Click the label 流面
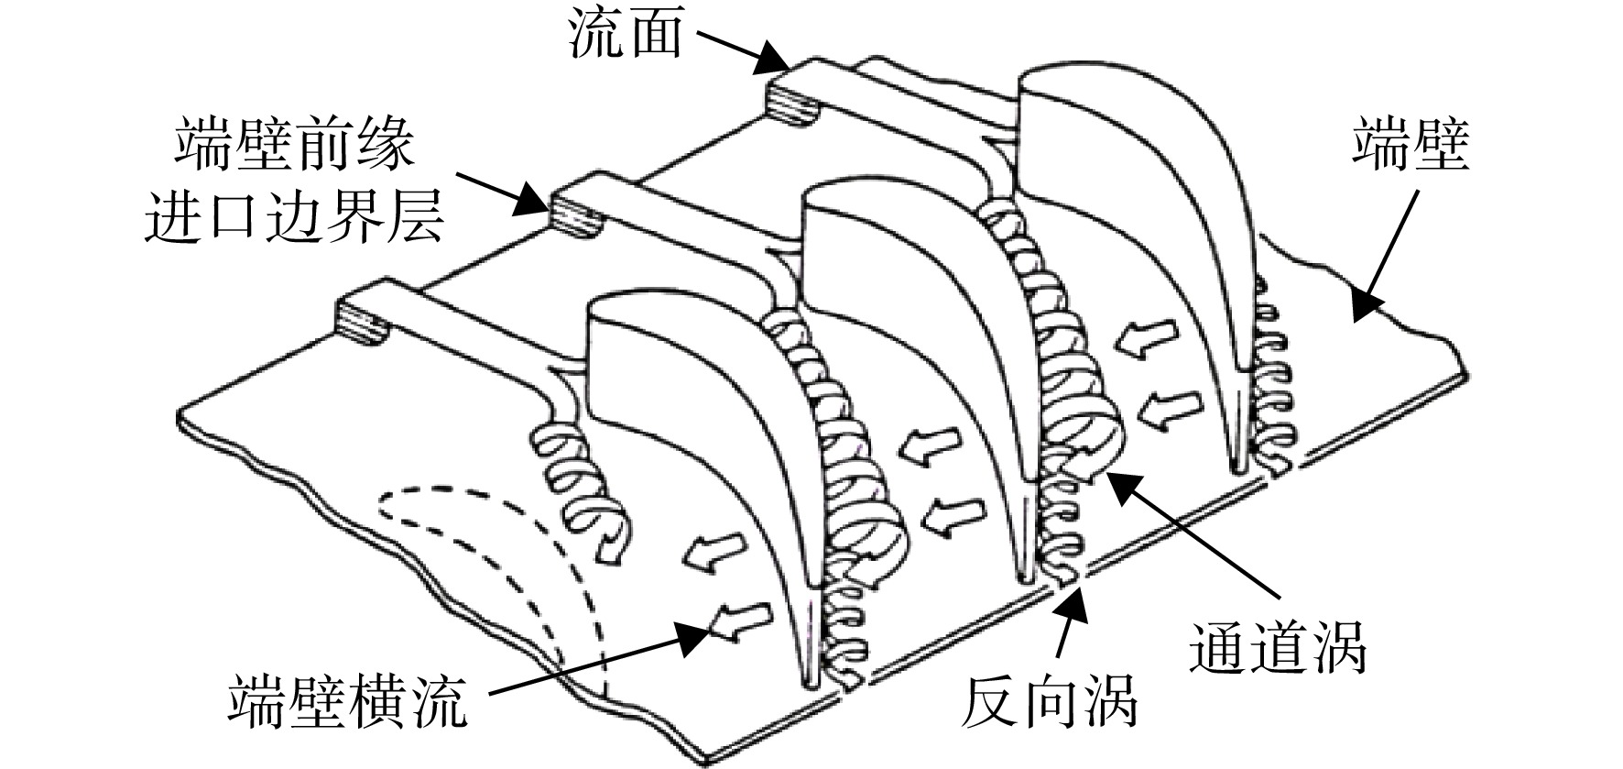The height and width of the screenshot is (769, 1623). pyautogui.click(x=626, y=35)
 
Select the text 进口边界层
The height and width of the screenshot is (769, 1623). pyautogui.click(x=295, y=216)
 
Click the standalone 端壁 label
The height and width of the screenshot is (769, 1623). pyautogui.click(x=1411, y=148)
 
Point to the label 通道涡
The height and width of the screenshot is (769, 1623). pyautogui.click(x=1277, y=648)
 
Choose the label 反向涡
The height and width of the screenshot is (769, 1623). pyautogui.click(x=1048, y=703)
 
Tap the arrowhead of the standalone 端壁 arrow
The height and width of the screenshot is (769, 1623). pyautogui.click(x=1364, y=307)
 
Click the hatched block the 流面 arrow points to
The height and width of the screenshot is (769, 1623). pyautogui.click(x=794, y=99)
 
